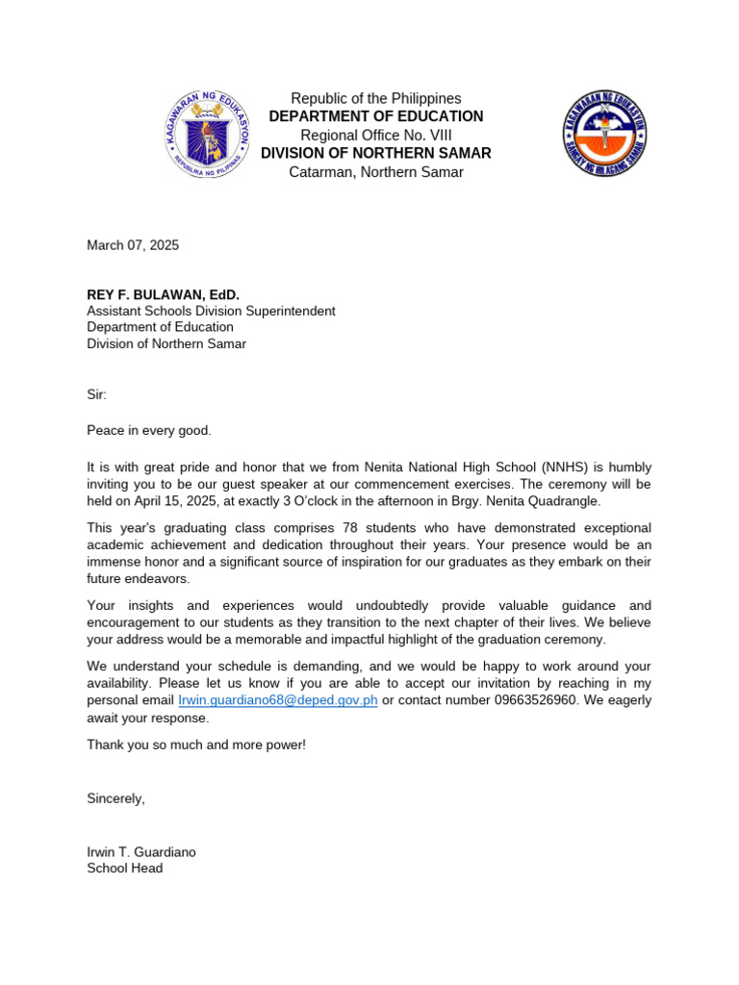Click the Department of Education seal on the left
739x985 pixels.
coord(206,134)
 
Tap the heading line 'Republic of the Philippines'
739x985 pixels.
coord(376,98)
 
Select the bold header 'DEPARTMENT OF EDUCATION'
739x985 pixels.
coord(376,116)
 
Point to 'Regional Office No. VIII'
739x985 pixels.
coord(376,135)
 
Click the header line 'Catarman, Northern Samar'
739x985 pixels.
coord(376,172)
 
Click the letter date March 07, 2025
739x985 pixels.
coord(133,245)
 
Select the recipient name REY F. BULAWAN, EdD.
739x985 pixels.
coord(163,293)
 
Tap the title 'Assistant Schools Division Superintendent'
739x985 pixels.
coord(211,311)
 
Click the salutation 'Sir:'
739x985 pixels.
coord(98,394)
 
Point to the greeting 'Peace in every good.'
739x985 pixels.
coord(148,430)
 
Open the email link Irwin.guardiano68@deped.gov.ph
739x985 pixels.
coord(278,700)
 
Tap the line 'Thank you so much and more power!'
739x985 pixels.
coord(196,745)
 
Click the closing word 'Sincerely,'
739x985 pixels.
coord(115,798)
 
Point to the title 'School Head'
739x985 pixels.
coord(125,868)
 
